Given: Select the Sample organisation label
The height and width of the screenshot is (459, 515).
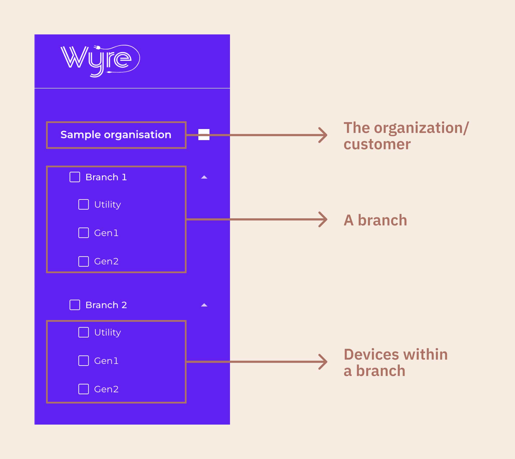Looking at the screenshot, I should pyautogui.click(x=116, y=135).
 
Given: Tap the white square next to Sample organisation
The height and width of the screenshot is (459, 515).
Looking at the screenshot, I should pyautogui.click(x=204, y=134).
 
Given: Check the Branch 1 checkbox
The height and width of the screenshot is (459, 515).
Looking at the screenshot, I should pyautogui.click(x=75, y=177).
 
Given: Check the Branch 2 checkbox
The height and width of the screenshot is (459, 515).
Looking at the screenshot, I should pyautogui.click(x=75, y=305).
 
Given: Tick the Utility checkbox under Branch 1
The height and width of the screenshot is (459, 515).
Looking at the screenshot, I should pyautogui.click(x=83, y=204).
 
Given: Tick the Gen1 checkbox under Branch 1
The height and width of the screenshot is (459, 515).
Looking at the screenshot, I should pyautogui.click(x=83, y=233).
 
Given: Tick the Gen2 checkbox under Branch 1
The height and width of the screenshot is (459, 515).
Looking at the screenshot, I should pyautogui.click(x=83, y=261).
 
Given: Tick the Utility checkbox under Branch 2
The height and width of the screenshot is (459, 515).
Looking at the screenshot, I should pyautogui.click(x=83, y=332).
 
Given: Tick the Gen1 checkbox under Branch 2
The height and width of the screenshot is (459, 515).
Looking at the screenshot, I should pyautogui.click(x=83, y=361).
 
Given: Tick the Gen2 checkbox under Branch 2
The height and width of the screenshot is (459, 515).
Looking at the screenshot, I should pyautogui.click(x=83, y=389).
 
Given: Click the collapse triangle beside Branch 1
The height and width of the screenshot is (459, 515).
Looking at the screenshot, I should pyautogui.click(x=204, y=177).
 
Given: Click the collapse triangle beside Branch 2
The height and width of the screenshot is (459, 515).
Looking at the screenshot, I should pyautogui.click(x=204, y=305).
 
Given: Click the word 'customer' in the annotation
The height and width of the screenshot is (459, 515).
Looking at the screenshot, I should pyautogui.click(x=377, y=145).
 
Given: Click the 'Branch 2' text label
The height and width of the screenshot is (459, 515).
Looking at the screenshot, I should pyautogui.click(x=106, y=305).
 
